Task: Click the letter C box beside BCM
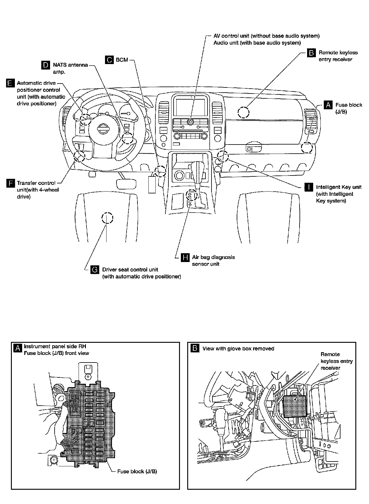109,60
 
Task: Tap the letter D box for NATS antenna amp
46,65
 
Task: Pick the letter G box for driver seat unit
95,270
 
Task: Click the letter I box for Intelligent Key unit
309,187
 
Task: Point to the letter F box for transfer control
10,183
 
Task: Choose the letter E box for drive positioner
10,83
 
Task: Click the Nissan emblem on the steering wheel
103,130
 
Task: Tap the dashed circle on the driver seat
107,218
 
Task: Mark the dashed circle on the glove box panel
243,112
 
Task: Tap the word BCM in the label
122,60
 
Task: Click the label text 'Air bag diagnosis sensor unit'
213,261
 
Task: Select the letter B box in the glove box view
195,348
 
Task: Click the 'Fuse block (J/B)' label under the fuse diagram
137,472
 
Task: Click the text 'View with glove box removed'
238,349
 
